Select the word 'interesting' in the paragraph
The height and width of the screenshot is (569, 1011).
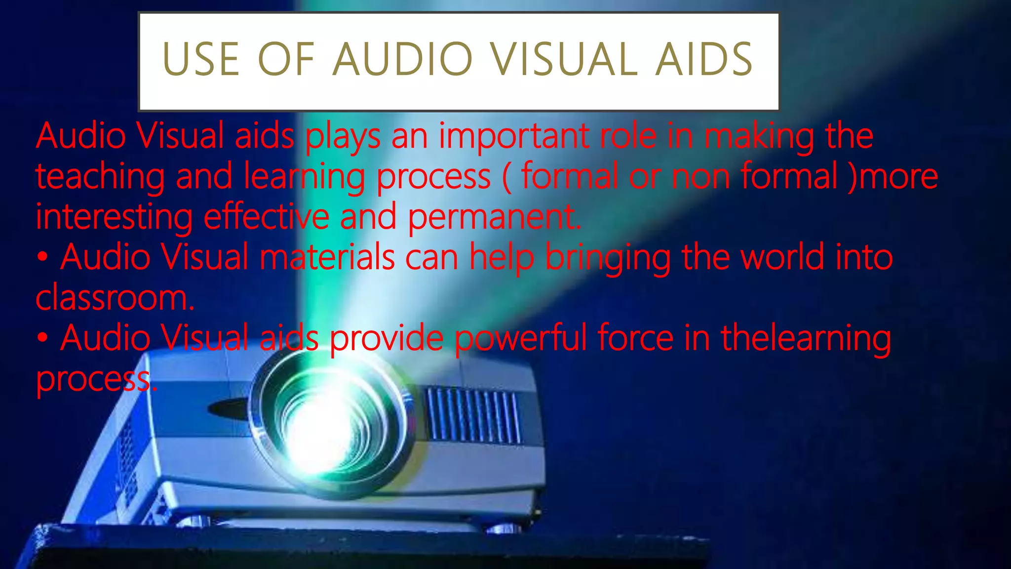coord(114,217)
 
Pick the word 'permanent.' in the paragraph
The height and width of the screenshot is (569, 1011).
coord(494,217)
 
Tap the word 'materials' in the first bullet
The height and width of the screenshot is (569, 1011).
coord(327,257)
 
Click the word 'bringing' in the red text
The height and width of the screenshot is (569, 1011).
coord(608,258)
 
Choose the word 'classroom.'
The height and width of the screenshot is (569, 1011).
coord(115,298)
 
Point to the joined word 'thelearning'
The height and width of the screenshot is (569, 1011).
coord(806,339)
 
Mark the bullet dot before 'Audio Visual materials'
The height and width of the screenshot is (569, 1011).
coord(43,258)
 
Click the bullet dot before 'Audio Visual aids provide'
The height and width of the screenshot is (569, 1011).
coord(43,339)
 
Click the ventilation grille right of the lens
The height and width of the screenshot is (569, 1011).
coord(472,415)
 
